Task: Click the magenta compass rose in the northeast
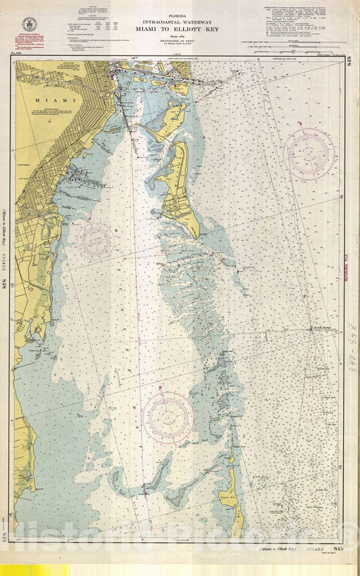coord(309,153)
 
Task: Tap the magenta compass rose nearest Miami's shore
coord(95,240)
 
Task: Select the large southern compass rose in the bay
coord(168,417)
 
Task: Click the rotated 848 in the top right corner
coord(349,61)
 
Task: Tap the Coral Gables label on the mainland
coord(23,164)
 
